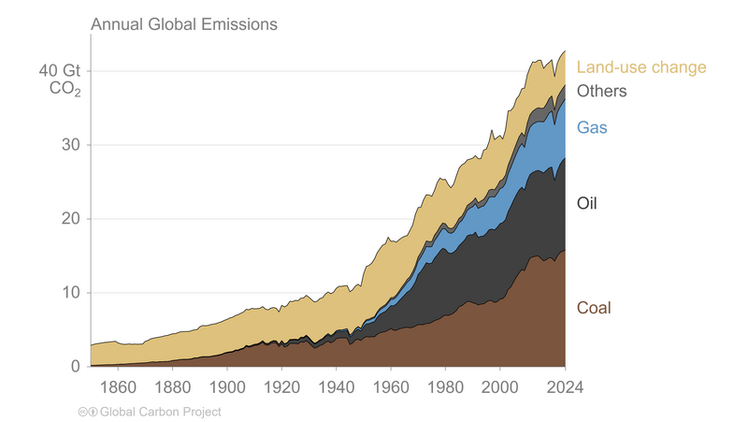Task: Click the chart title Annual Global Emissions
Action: coord(183,24)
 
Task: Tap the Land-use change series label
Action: coord(640,67)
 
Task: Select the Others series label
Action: coord(601,91)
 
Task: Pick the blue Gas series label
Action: coord(592,127)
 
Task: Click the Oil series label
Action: coord(587,203)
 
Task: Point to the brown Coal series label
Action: coord(594,307)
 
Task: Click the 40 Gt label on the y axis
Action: coord(59,71)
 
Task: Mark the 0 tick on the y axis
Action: coord(77,367)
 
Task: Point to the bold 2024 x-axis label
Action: coord(565,386)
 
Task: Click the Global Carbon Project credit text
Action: coord(160,412)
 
